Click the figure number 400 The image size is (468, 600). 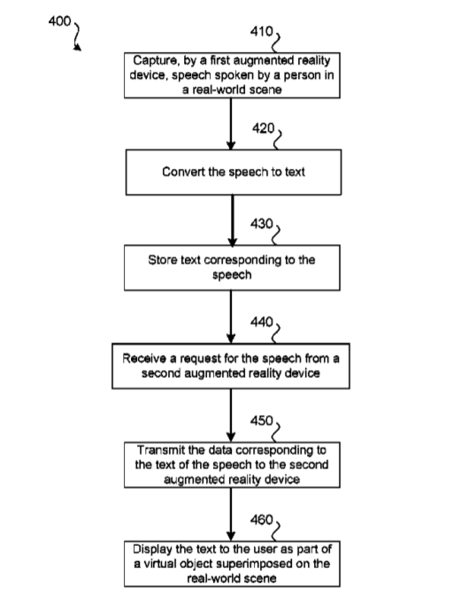59,21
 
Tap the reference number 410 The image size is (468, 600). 261,31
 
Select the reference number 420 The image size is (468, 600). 264,128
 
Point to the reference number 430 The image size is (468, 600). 262,224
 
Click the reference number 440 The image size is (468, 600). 262,322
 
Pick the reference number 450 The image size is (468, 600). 262,421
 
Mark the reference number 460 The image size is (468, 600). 262,519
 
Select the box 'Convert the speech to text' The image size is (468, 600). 234,173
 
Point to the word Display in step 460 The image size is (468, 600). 152,550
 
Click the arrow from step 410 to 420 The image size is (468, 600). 231,124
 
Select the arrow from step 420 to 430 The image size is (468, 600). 233,220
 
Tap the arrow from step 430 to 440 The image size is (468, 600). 231,317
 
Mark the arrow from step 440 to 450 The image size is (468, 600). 231,416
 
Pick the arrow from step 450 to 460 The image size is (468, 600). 231,514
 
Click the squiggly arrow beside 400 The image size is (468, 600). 78,37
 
